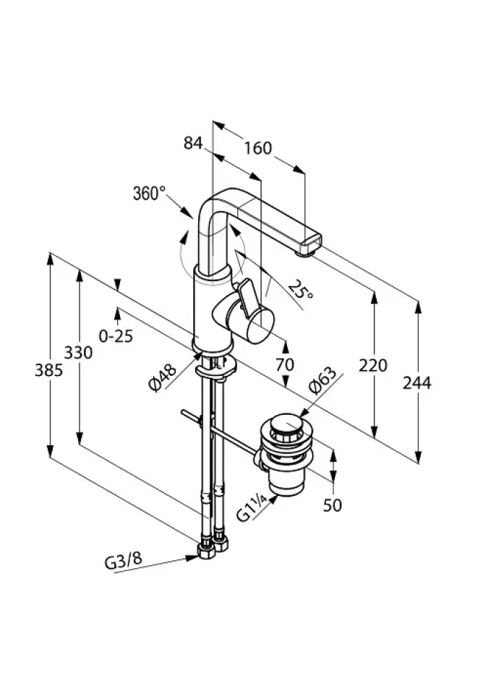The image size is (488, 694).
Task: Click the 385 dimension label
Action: tap(48, 369)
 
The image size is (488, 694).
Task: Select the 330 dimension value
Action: tap(78, 353)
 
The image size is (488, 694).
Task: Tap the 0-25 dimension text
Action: tap(116, 336)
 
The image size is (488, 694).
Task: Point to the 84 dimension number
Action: tap(193, 142)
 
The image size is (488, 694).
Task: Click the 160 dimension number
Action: tap(257, 147)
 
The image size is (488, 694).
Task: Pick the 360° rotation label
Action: tap(149, 194)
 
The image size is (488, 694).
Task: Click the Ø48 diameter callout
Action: tap(163, 377)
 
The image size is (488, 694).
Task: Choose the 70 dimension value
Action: tap(285, 364)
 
